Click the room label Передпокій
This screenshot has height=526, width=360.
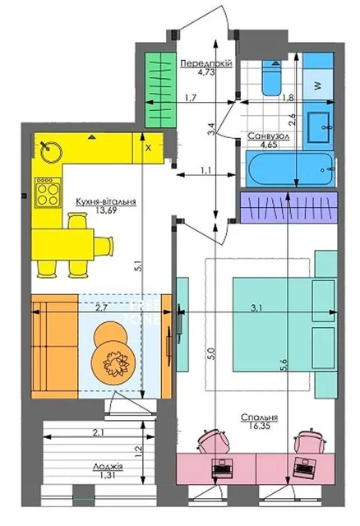pos(206,62)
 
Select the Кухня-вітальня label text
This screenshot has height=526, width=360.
pos(106,201)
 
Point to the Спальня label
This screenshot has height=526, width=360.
pos(260,418)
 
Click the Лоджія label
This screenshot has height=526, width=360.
pos(108,466)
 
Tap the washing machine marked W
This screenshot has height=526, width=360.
pos(318,85)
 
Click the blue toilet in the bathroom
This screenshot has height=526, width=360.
pos(271,77)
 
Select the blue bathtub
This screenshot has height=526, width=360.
pos(290,168)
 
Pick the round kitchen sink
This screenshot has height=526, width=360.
pos(51,151)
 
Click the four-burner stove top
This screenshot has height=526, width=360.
pos(48,192)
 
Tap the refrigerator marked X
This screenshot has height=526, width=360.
pos(148,148)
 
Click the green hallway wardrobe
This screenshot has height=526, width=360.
pos(160,90)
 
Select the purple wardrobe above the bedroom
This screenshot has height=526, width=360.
pos(288,207)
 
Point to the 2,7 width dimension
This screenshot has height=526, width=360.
pos(101,307)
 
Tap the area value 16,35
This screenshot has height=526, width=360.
pos(260,426)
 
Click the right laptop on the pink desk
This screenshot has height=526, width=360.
pos(304,467)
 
